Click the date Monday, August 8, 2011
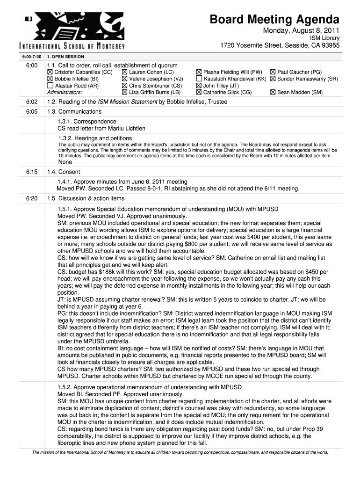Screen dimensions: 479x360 click(300, 31)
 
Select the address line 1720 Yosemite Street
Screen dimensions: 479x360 click(280, 46)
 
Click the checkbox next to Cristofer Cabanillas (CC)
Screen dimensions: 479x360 click(50, 73)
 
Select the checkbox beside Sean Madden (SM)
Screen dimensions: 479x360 click(273, 93)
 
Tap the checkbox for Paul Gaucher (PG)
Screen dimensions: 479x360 click(273, 73)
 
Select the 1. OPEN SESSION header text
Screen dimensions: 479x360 click(65, 57)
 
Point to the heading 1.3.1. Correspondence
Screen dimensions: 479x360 click(87, 122)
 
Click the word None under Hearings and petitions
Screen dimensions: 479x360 click(65, 162)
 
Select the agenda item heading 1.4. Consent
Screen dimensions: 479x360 click(64, 172)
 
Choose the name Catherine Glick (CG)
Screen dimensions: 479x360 click(227, 93)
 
